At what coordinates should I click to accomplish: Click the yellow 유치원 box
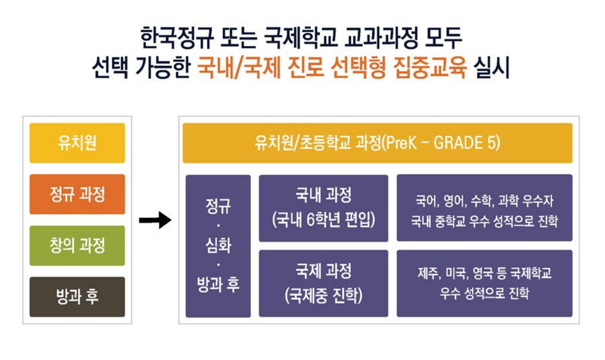point(77,143)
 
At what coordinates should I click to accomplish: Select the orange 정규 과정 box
point(77,194)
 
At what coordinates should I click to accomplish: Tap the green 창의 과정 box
point(77,245)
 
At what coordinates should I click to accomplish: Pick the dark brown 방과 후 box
point(77,297)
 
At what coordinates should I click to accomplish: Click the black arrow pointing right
point(155,220)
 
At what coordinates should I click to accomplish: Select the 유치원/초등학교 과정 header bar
point(378,143)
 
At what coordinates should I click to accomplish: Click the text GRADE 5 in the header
point(467,143)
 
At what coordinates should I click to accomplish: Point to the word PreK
point(401,143)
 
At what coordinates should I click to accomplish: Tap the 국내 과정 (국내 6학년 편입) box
point(324,208)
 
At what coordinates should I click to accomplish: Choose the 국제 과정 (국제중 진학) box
point(324,283)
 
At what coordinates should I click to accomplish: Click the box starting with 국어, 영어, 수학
point(485,208)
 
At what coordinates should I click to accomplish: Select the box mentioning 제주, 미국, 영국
point(485,283)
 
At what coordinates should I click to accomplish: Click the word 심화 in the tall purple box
point(218,245)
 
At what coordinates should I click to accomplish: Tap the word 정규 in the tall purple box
point(218,206)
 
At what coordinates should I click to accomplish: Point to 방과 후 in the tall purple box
point(218,285)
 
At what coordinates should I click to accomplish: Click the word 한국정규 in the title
point(177,38)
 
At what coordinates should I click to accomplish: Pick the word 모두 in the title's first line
point(443,38)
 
